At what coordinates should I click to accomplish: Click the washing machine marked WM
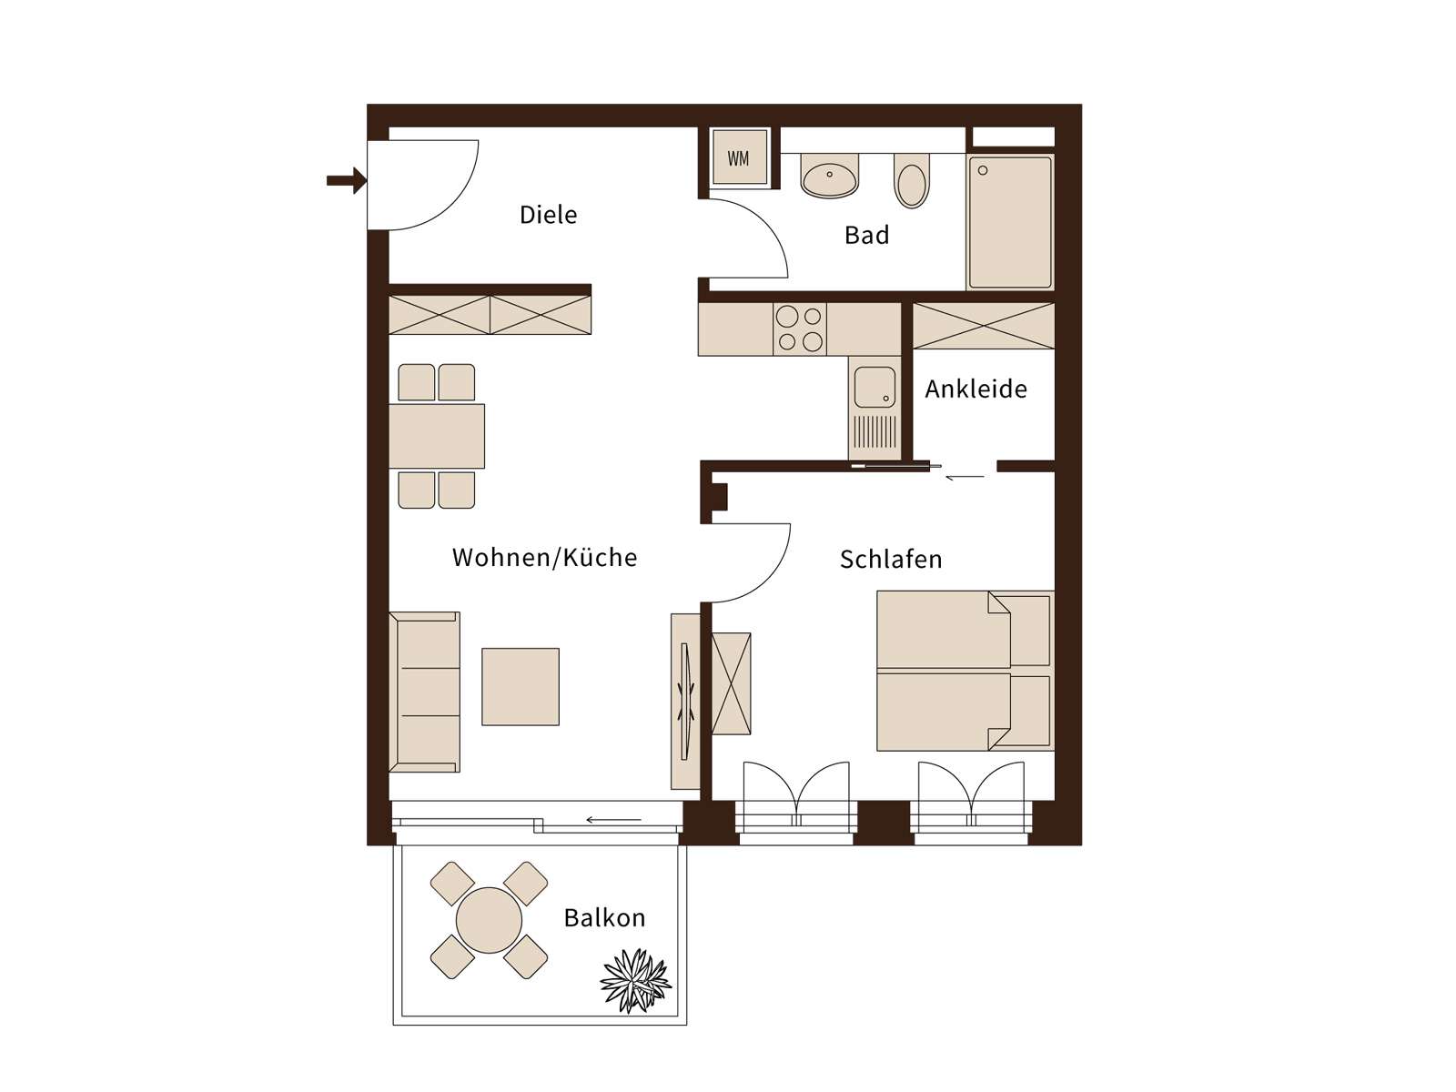[x=738, y=157]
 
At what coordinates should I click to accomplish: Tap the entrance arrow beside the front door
[x=347, y=180]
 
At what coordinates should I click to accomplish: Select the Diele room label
[x=548, y=215]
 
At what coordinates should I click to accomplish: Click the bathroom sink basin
[x=830, y=177]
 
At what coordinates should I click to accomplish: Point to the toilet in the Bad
[x=912, y=181]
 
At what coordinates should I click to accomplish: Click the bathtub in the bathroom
[x=1009, y=222]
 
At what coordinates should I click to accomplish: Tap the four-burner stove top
[x=799, y=329]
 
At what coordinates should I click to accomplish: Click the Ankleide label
[x=976, y=389]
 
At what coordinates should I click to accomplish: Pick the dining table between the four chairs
[x=437, y=436]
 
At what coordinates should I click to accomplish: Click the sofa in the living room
[x=425, y=693]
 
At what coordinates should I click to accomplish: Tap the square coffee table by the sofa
[x=521, y=687]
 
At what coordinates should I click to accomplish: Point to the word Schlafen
[x=891, y=560]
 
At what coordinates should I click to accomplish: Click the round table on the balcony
[x=489, y=920]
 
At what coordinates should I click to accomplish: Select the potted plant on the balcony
[x=635, y=980]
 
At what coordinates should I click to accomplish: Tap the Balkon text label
[x=604, y=918]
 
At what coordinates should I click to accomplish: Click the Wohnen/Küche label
[x=544, y=558]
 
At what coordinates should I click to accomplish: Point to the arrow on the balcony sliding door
[x=613, y=820]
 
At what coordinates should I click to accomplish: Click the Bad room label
[x=866, y=236]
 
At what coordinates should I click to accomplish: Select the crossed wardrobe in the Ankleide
[x=984, y=326]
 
